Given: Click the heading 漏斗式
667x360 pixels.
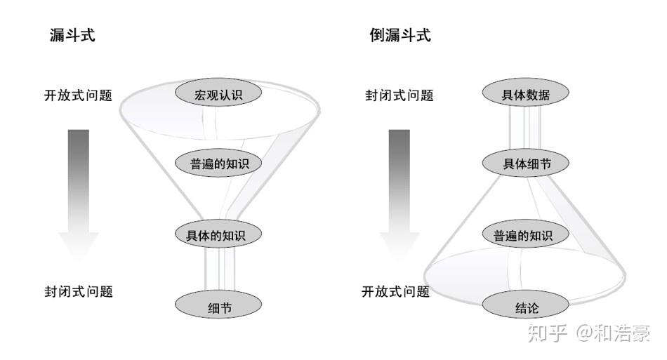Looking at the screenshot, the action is coord(72,35).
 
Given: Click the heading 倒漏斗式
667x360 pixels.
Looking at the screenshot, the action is coord(400,35).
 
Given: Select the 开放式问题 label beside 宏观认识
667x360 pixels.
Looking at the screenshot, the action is coord(78,95).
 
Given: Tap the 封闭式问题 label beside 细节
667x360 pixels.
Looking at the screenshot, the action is coord(79,291).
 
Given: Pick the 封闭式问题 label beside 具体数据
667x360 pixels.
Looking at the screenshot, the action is coord(399,95).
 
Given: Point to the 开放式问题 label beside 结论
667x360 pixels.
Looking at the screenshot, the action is coord(395,291).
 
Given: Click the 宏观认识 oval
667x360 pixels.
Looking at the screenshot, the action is coord(218,94).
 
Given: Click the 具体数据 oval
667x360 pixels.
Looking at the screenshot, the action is coord(526,94).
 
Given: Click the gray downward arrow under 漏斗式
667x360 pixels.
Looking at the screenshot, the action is coord(79,193).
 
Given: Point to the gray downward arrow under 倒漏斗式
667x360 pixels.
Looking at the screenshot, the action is coord(399,193).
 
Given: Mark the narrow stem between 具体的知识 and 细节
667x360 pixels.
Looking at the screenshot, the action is coord(218,269).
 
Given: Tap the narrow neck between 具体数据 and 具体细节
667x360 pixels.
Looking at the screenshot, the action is coord(526,129).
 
